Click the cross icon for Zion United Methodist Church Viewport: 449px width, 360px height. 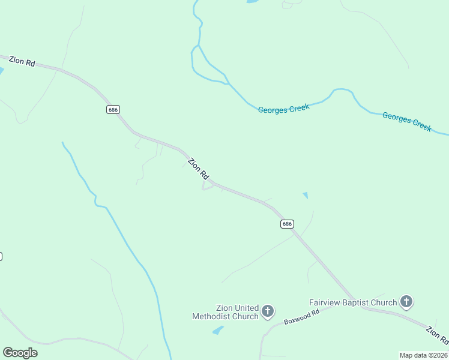click(268, 311)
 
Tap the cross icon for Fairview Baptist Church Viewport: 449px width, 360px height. click(406, 301)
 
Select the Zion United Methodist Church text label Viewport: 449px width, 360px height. click(225, 312)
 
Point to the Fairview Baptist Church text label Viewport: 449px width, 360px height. click(353, 302)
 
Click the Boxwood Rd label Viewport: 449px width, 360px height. click(301, 317)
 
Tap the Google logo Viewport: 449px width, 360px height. click(20, 352)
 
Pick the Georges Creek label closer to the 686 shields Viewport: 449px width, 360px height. click(284, 109)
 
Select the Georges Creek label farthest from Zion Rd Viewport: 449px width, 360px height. click(407, 121)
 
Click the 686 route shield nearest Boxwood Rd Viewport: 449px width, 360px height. click(287, 224)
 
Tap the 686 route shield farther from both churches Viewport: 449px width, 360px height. click(113, 109)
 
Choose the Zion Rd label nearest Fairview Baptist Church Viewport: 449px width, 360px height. click(436, 335)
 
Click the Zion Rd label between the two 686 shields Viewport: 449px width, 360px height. click(198, 169)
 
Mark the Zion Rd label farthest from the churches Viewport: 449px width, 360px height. click(22, 62)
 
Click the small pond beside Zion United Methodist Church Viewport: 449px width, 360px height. click(218, 330)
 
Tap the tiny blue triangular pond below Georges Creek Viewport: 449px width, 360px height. click(306, 195)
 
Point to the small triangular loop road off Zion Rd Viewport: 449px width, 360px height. click(207, 187)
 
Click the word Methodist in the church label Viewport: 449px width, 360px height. click(226, 316)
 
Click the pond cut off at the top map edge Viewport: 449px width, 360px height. click(252, 2)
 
